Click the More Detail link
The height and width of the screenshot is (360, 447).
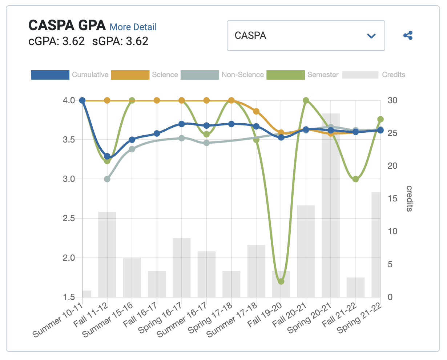pos(133,27)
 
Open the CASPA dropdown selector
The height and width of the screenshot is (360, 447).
pos(306,36)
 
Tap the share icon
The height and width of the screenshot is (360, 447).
pos(408,36)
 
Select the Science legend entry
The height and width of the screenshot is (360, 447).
pos(145,75)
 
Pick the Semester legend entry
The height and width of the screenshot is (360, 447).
pos(302,75)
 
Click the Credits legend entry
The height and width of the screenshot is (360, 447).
pos(374,75)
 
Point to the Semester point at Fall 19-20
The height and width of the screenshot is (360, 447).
pos(281,281)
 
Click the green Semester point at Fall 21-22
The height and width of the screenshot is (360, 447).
pos(356,179)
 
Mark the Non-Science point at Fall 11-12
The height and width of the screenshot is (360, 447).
pos(107,179)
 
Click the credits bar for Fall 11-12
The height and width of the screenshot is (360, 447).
pos(107,255)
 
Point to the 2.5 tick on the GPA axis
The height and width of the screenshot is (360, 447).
pos(69,219)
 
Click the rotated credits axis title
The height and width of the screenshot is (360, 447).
pos(409,199)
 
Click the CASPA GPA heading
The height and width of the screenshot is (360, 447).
pos(67,25)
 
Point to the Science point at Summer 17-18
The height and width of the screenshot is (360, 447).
pos(256,111)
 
